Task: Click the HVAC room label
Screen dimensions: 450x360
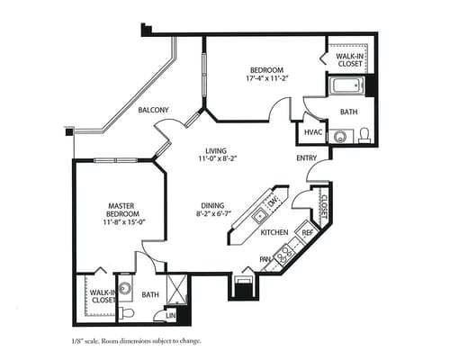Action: [313, 132]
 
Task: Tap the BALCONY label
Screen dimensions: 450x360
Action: [153, 110]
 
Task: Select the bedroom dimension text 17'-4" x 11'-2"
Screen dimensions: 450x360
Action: [266, 78]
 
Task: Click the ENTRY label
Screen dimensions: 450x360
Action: [306, 158]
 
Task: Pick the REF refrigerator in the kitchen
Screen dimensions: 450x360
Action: [307, 231]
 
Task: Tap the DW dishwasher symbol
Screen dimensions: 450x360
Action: [274, 202]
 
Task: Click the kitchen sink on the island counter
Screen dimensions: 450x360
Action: [260, 215]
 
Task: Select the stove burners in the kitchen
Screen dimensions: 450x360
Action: [284, 255]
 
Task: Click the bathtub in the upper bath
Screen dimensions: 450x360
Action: [346, 86]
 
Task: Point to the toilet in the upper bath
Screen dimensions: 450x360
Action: [364, 135]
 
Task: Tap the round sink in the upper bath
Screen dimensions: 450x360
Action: [340, 137]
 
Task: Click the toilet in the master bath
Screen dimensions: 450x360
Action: [126, 313]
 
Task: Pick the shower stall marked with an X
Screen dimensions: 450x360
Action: [177, 289]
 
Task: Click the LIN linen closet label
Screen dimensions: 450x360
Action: [171, 316]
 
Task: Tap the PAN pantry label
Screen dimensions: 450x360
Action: [265, 259]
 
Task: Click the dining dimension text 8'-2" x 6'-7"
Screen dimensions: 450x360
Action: [212, 213]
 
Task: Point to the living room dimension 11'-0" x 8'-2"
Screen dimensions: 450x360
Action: [216, 158]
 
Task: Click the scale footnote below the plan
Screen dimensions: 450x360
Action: [137, 341]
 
